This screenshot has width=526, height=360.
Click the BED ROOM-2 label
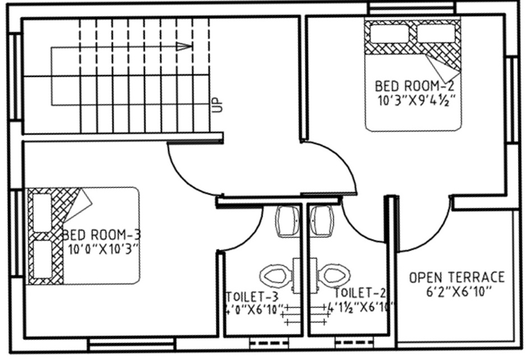pyautogui.click(x=414, y=86)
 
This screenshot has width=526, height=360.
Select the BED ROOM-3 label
pyautogui.click(x=101, y=234)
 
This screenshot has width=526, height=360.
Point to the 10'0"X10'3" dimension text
pyautogui.click(x=103, y=247)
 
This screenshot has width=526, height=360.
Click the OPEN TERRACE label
pyautogui.click(x=456, y=277)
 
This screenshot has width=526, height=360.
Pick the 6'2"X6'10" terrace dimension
pyautogui.click(x=458, y=290)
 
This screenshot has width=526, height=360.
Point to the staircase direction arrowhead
pyautogui.click(x=184, y=47)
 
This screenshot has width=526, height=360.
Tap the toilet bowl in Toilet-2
pyautogui.click(x=335, y=275)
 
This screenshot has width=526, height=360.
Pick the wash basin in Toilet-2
pyautogui.click(x=322, y=220)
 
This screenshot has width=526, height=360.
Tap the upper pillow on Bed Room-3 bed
pyautogui.click(x=43, y=213)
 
